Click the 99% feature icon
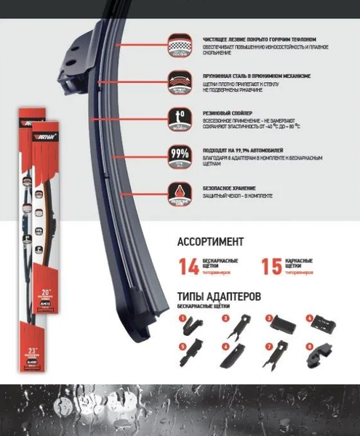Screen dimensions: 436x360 [176, 156]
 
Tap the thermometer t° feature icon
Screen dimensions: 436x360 [176, 118]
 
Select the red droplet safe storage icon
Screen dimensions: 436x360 [176, 191]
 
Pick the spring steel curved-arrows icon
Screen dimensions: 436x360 [176, 80]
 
